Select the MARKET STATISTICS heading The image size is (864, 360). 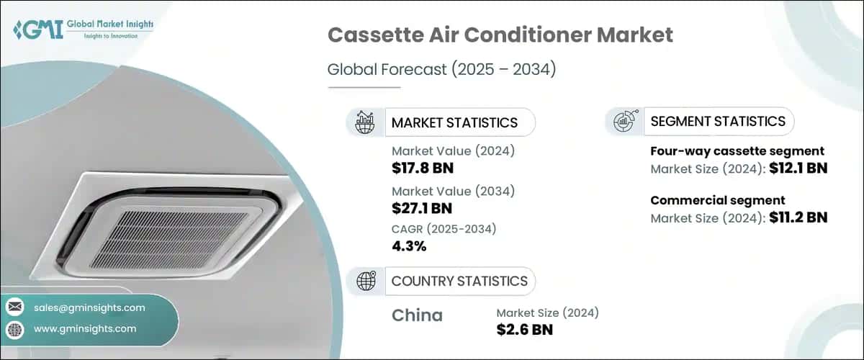coord(454,122)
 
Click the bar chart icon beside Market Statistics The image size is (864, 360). coord(364,122)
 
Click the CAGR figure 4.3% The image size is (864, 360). coord(409,246)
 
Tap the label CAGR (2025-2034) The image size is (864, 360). coord(444,228)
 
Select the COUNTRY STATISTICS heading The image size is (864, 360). coord(459,281)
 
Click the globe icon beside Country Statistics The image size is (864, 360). coord(365,281)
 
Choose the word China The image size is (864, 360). coord(417,315)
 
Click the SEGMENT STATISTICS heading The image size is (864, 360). coord(718,121)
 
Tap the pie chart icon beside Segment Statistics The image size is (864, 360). coord(624,122)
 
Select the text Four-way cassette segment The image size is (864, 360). coord(737,151)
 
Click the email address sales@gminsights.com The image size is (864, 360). coord(89,307)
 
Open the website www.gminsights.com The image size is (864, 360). coord(85,328)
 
